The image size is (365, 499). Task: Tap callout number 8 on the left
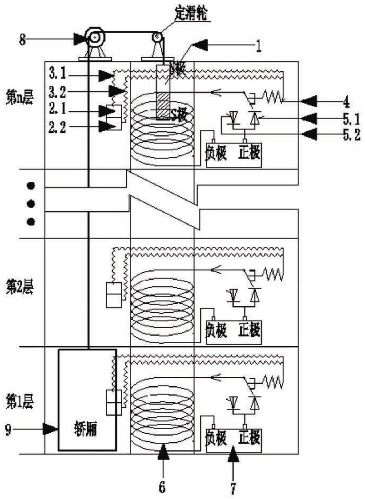(x=23, y=40)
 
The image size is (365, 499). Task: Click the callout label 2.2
(x=58, y=127)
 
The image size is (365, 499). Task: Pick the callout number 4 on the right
(x=346, y=102)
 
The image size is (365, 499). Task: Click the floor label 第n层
(x=19, y=98)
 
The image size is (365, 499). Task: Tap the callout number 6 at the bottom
(x=162, y=487)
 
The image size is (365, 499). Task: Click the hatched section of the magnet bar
(x=163, y=105)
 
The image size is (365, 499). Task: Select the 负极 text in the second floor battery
(x=216, y=331)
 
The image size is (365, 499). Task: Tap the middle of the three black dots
(x=31, y=204)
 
